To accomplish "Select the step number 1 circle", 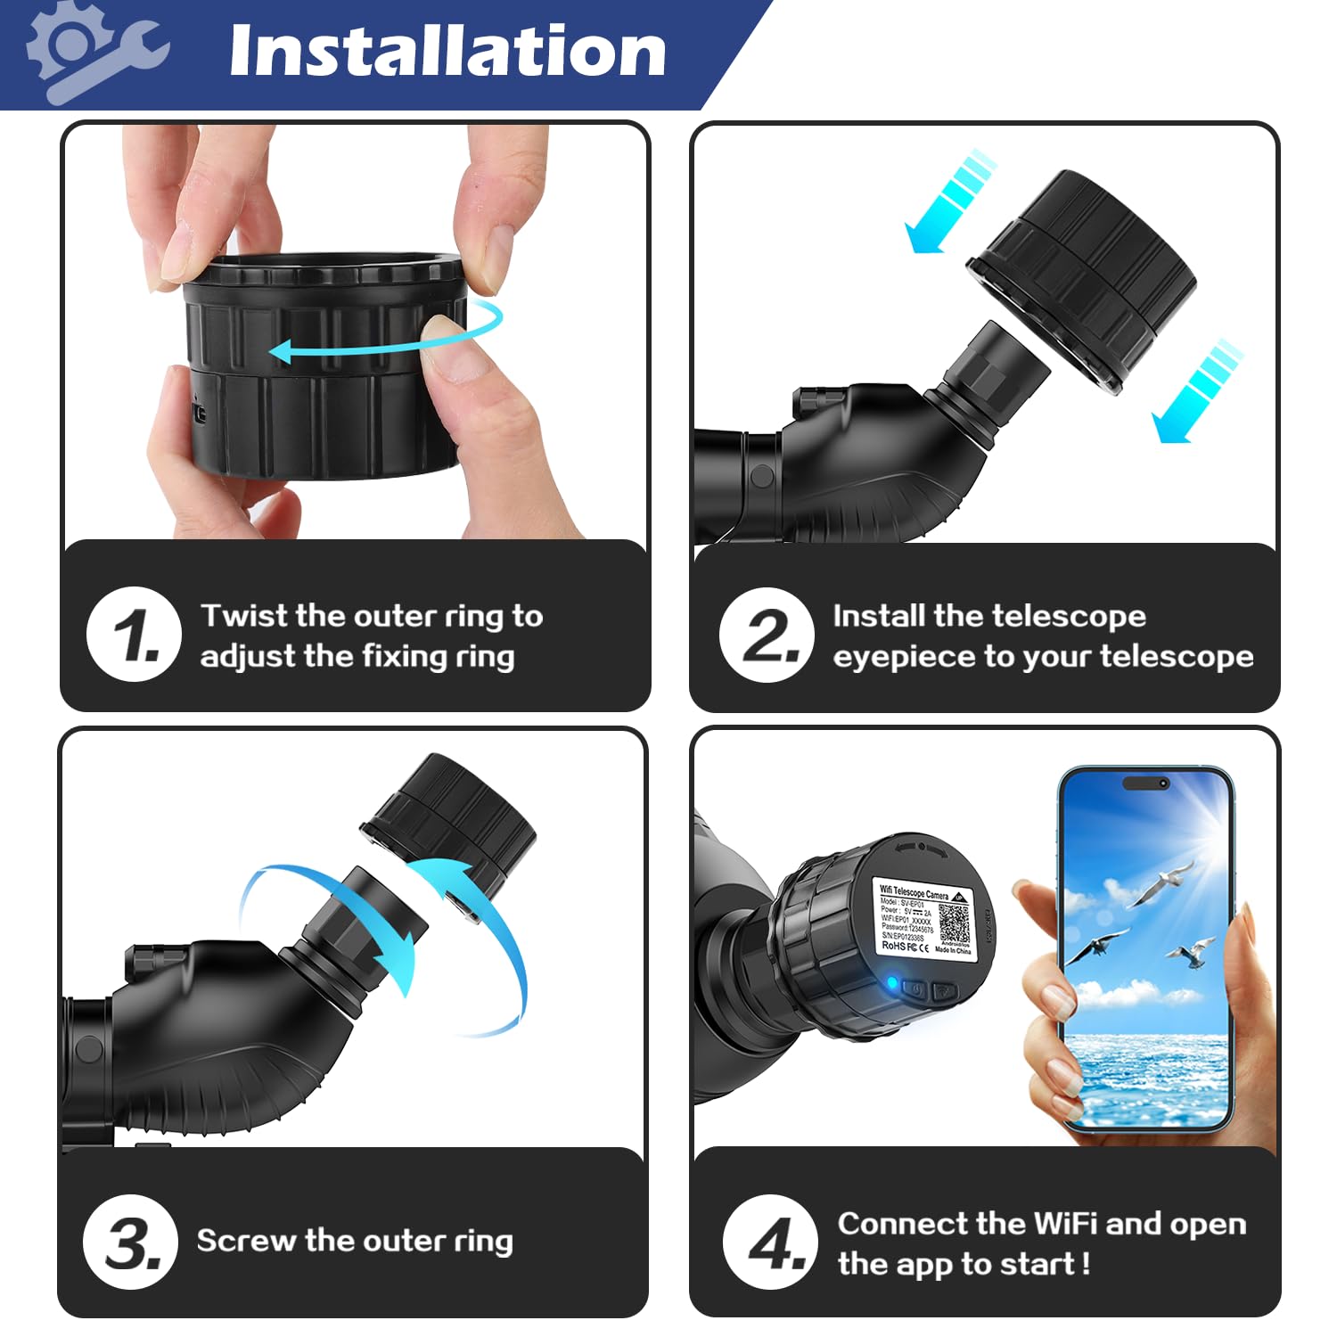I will pyautogui.click(x=134, y=635).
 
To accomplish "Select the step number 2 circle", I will pyautogui.click(x=767, y=635).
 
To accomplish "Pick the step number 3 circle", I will pyautogui.click(x=131, y=1242).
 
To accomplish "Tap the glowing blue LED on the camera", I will pyautogui.click(x=891, y=983).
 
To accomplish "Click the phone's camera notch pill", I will pyautogui.click(x=1145, y=783).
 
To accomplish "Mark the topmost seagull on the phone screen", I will pyautogui.click(x=1162, y=883).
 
